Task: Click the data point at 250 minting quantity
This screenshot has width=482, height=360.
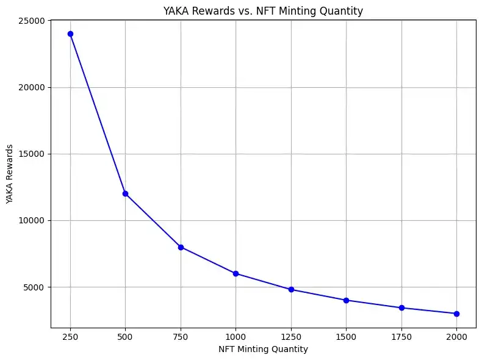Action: click(x=70, y=34)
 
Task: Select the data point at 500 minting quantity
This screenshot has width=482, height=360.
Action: click(x=125, y=193)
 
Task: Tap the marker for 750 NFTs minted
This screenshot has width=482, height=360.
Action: click(x=181, y=247)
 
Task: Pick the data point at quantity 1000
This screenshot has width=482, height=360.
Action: click(x=236, y=273)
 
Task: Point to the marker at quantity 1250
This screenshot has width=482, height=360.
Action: click(x=291, y=289)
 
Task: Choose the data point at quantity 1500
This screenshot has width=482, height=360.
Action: click(x=346, y=300)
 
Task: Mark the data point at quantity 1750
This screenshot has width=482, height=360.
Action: click(x=401, y=308)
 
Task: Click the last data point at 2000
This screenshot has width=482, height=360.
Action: click(x=456, y=314)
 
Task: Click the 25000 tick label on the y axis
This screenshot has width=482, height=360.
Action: click(x=31, y=21)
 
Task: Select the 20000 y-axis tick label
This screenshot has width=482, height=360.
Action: click(x=31, y=87)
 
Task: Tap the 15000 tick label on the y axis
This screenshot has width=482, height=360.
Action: click(x=31, y=154)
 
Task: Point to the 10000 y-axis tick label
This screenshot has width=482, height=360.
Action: click(x=31, y=220)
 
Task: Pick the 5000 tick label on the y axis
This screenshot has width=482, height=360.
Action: click(x=34, y=287)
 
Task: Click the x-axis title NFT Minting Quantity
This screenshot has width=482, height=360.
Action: click(x=263, y=349)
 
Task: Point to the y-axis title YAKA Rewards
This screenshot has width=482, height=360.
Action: click(x=10, y=174)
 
